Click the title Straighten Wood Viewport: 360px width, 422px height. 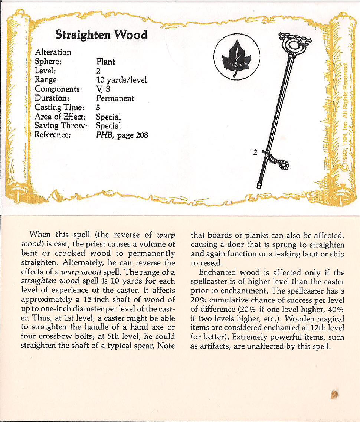[101, 35]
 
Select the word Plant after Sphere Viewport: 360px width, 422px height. [105, 62]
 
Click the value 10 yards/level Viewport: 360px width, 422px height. [122, 80]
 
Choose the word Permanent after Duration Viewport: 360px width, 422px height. [115, 98]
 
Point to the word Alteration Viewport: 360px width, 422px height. [53, 53]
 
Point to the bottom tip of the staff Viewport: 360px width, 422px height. [259, 184]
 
